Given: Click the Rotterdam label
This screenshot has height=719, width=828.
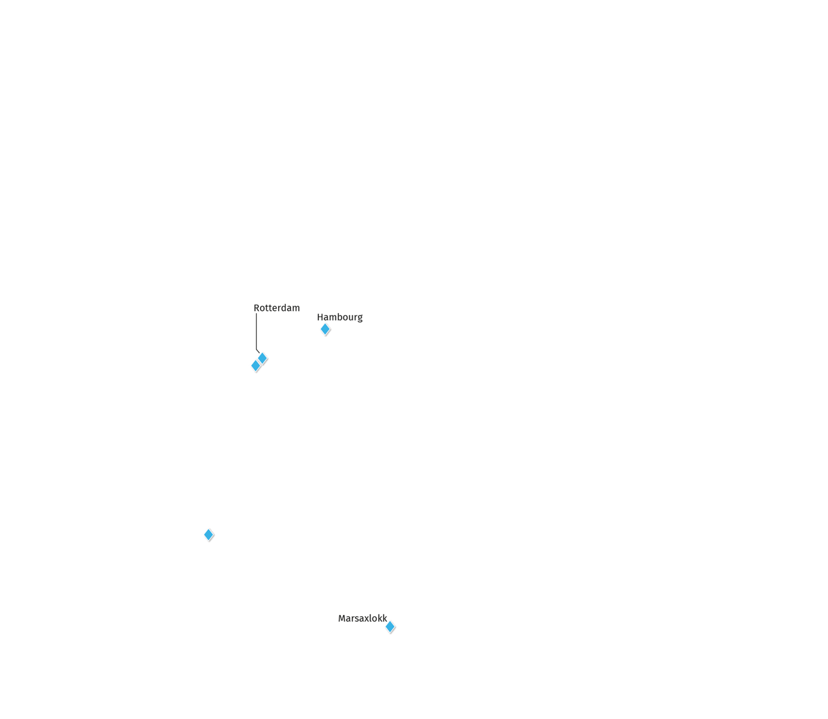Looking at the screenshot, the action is pos(277,308).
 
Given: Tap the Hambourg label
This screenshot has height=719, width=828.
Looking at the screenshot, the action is pos(339,317).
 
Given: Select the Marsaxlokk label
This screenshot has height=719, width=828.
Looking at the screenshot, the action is pos(362,618).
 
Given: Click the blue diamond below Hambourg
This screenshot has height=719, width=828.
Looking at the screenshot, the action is pos(325,329).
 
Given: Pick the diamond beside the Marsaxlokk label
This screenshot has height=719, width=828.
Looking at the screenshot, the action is pos(390,627).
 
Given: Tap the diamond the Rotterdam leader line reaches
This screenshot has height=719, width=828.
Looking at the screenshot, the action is pos(262,358).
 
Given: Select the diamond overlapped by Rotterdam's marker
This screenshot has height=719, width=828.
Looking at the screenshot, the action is pos(255,366).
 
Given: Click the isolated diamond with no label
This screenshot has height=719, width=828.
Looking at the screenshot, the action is pos(208,535).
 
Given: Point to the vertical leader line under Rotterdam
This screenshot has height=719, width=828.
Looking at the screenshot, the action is pos(256,332).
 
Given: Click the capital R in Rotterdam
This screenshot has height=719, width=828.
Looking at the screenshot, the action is pos(257,308).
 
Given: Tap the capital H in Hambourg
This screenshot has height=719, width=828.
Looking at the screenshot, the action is pos(320,317).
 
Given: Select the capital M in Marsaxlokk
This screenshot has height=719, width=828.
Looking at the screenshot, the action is pos(342,618).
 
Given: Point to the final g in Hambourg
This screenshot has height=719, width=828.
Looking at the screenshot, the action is pos(359,318).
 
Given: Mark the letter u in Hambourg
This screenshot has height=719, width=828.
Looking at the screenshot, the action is pos(351,318).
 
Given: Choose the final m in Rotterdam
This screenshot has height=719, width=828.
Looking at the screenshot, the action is pos(297,309).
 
